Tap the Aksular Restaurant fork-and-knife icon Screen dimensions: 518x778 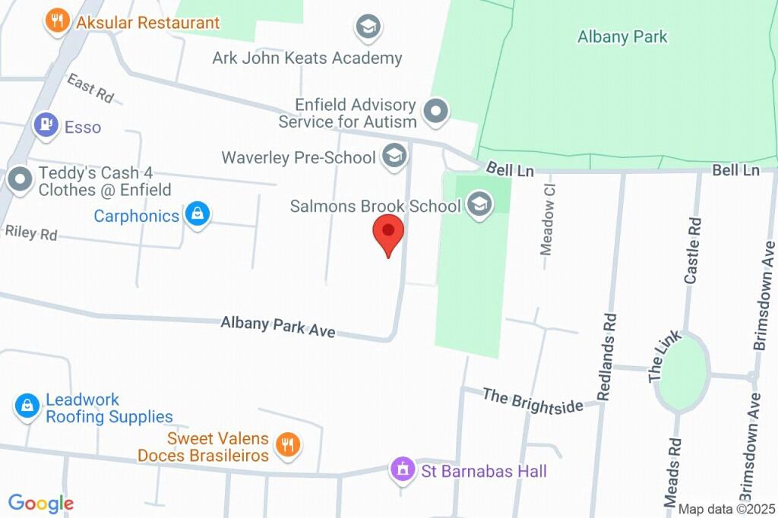58,21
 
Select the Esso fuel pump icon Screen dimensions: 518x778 46,126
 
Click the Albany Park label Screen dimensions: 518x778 622,36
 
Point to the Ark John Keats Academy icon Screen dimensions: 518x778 368,27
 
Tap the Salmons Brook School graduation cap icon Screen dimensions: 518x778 479,205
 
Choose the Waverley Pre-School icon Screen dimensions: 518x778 394,156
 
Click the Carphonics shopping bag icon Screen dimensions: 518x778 198,215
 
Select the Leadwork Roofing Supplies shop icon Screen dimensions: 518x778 27,406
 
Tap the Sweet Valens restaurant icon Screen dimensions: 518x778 287,445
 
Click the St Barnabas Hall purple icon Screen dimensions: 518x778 400,471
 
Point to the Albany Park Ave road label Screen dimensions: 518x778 277,327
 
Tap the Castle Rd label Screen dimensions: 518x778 692,251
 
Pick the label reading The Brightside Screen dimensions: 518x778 533,400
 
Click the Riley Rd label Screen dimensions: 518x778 30,232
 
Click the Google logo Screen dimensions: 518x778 41,503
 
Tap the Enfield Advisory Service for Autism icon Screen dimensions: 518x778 436,112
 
